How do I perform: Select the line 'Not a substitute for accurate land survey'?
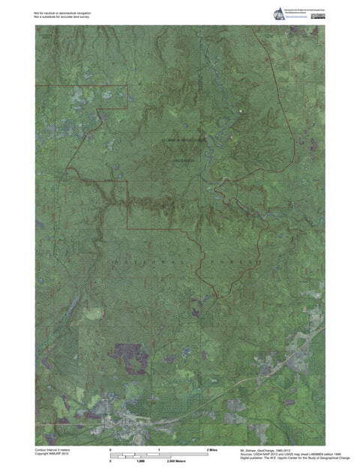(61, 16)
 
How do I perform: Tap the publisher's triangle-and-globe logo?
(278, 13)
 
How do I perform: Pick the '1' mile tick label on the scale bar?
(159, 448)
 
